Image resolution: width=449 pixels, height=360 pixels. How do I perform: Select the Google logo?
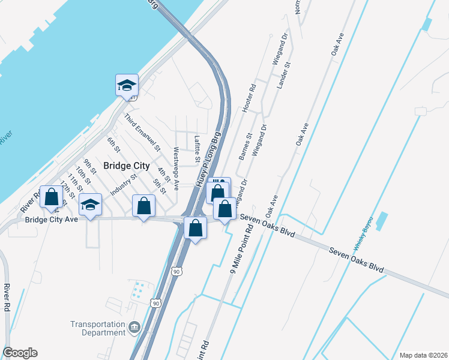(x=20, y=353)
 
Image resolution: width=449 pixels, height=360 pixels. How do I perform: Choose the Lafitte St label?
(x=197, y=149)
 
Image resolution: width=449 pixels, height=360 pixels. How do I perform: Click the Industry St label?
(x=125, y=184)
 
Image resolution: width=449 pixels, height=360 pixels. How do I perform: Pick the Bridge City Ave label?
(x=52, y=220)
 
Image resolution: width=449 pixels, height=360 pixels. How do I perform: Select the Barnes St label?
(x=243, y=148)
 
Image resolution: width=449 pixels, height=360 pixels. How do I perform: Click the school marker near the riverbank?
(x=127, y=85)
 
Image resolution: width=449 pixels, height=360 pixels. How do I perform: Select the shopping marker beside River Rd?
(x=52, y=196)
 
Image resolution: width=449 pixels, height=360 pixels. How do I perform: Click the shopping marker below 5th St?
(x=144, y=206)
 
